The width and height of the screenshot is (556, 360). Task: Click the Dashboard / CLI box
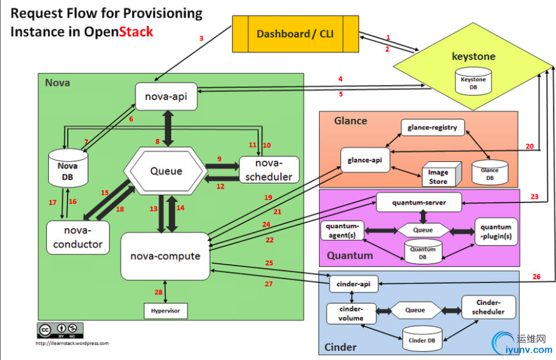[x=295, y=34]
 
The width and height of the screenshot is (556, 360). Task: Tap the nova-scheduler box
[x=269, y=169]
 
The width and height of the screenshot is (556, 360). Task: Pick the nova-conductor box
[x=78, y=236]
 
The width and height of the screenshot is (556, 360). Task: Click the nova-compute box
[x=165, y=256]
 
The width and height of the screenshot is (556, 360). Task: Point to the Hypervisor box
[x=165, y=309]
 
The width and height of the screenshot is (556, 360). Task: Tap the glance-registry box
[x=432, y=127]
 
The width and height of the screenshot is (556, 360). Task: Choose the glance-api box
[x=365, y=160]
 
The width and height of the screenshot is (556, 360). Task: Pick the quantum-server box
[x=418, y=202]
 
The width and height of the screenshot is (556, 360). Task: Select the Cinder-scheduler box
[x=487, y=307]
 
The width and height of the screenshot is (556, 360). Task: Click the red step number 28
[x=158, y=291]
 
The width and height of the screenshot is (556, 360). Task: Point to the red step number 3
[x=201, y=39]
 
